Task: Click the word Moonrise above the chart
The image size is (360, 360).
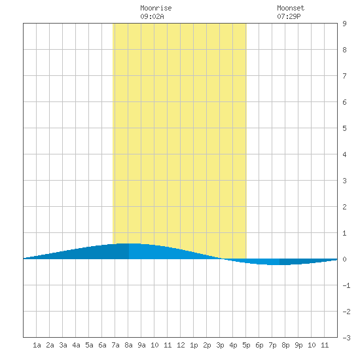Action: tap(156, 9)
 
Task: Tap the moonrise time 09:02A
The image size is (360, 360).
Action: tap(152, 16)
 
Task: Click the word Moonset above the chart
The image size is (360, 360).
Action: tap(291, 9)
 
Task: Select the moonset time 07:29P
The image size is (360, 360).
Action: tap(289, 16)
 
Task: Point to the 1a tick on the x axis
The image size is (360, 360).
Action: tap(37, 345)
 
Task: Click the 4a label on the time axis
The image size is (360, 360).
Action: tap(76, 345)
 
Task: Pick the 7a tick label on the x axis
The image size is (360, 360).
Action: tap(115, 345)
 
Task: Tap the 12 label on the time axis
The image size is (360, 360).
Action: tap(181, 345)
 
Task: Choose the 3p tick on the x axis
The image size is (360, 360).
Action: tap(220, 345)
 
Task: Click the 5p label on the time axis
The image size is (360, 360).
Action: tap(246, 345)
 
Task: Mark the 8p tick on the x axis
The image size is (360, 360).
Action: tap(285, 345)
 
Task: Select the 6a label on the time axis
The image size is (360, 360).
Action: tap(102, 345)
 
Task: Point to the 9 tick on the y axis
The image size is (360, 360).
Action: tap(344, 24)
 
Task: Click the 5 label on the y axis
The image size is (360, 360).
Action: tap(344, 128)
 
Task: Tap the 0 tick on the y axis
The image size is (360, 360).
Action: tap(344, 259)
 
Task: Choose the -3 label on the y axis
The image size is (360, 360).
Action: tap(346, 338)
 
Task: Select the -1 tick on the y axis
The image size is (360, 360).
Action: tap(346, 285)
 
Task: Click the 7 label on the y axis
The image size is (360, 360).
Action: tap(344, 76)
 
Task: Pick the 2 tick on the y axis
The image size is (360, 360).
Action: tap(344, 207)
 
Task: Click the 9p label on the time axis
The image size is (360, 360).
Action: tap(298, 345)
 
